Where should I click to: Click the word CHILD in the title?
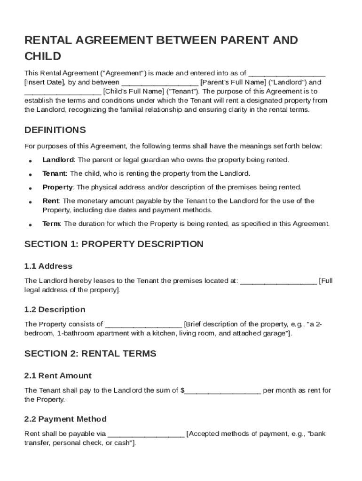(x=43, y=56)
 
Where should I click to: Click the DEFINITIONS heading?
(x=55, y=130)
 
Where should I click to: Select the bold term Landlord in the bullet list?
(x=58, y=160)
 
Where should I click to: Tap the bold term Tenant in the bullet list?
(x=54, y=173)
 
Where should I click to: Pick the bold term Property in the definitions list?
(x=57, y=187)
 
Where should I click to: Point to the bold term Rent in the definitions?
(x=50, y=201)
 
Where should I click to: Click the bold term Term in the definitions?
(x=51, y=224)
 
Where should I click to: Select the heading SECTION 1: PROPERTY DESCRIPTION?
(x=114, y=244)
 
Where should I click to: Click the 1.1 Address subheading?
(x=48, y=266)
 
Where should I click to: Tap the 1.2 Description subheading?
(x=55, y=310)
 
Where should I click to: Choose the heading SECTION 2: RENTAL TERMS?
(x=90, y=354)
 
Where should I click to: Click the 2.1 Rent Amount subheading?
(x=58, y=376)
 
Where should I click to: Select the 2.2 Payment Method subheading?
(x=65, y=419)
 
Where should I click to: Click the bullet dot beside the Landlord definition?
(x=30, y=161)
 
